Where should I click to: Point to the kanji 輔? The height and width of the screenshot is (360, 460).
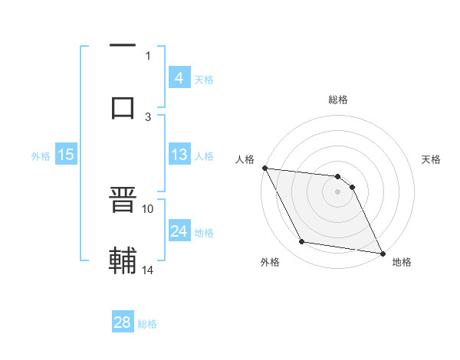pos(123,260)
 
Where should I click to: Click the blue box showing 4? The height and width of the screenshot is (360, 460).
pos(179,77)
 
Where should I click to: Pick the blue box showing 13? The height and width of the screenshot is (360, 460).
pos(179,155)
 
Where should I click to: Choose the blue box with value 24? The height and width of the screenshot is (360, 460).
pos(179,231)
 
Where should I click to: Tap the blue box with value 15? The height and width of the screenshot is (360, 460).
pos(66,155)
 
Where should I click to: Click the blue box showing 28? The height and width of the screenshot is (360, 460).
pos(123,322)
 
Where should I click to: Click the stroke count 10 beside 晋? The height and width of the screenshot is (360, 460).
pos(148,208)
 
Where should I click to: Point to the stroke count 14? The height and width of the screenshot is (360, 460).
pos(148,270)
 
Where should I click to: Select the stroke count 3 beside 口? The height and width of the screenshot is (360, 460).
pos(148,116)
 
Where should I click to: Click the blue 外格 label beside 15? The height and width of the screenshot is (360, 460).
pos(41,156)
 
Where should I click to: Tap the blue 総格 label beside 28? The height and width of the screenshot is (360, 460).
pos(147,324)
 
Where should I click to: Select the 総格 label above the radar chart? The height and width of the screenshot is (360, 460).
pos(338,100)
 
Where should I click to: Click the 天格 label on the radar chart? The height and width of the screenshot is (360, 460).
pos(432,159)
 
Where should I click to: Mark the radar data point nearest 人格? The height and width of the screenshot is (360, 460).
pos(264,168)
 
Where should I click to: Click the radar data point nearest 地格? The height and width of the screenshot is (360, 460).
pos(382,253)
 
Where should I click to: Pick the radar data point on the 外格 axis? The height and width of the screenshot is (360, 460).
pos(302,242)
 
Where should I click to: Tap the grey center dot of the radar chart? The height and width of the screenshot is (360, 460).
pos(338,191)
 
